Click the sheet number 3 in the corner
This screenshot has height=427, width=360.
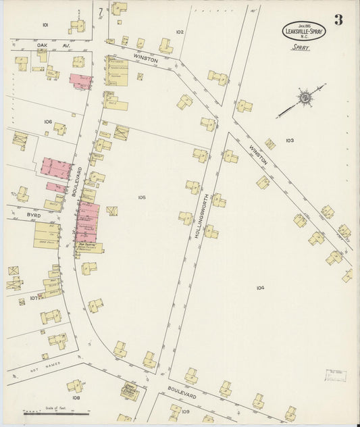tap(337, 20)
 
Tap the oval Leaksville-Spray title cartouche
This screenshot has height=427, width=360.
tap(303, 30)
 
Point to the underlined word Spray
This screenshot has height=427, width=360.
tap(301, 49)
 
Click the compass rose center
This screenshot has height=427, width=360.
tap(306, 98)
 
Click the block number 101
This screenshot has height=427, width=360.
tap(45, 24)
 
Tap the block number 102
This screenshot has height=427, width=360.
tap(180, 32)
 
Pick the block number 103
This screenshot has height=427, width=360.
tap(290, 141)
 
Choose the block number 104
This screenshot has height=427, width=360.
tap(260, 288)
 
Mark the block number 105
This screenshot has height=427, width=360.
tap(141, 197)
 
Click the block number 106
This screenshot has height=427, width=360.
tap(48, 122)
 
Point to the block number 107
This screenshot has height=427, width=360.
tap(34, 297)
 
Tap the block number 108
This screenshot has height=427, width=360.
tap(76, 398)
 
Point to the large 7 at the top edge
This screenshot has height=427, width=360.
tap(100, 11)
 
